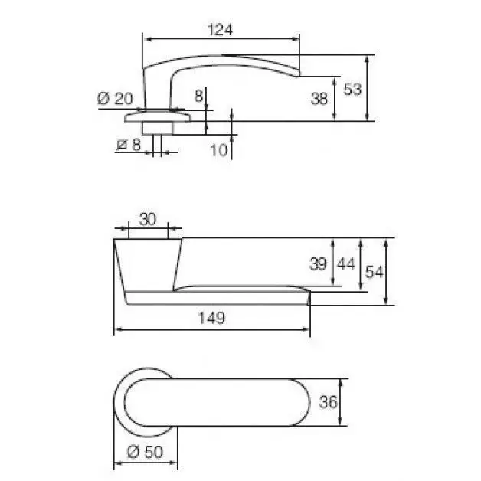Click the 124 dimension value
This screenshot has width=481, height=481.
(220, 30)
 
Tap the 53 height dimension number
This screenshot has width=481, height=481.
(352, 90)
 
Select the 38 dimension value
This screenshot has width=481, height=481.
(319, 99)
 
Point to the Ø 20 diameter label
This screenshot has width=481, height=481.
(115, 99)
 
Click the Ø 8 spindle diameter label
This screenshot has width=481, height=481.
(129, 145)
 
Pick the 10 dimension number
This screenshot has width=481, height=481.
(219, 150)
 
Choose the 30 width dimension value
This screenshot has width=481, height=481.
(148, 219)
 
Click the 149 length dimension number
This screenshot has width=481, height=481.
(211, 318)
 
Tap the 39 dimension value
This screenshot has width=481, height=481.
(318, 263)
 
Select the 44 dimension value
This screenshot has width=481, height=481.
(346, 263)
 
